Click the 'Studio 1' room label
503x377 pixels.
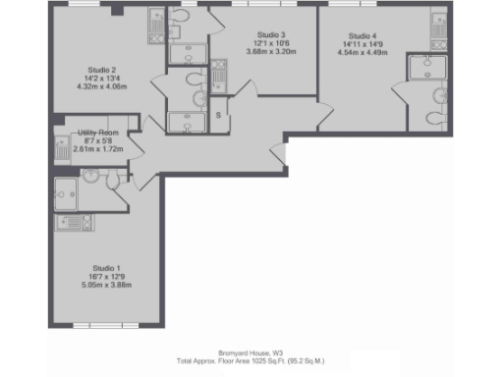click(x=105, y=268)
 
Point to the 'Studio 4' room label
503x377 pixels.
click(x=362, y=36)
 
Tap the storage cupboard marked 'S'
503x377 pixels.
click(x=218, y=116)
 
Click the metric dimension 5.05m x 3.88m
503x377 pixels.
click(x=105, y=284)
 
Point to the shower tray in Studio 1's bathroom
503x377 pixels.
click(x=68, y=189)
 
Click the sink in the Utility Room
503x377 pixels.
click(x=60, y=150)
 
